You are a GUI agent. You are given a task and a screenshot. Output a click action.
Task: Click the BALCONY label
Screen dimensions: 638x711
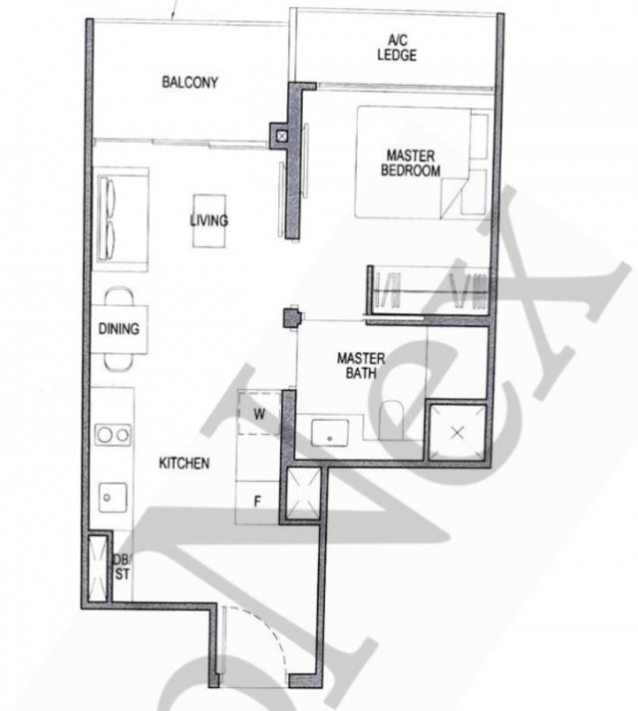click(x=190, y=82)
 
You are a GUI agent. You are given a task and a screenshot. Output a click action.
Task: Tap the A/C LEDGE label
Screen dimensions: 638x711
click(x=397, y=48)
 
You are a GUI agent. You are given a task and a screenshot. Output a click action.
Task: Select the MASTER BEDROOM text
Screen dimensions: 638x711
click(x=411, y=163)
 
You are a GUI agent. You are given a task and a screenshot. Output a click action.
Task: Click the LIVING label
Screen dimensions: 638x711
click(x=209, y=220)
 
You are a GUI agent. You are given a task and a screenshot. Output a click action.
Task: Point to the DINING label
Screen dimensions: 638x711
click(x=119, y=329)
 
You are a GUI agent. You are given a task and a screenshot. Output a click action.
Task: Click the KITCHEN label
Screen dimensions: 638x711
click(x=184, y=463)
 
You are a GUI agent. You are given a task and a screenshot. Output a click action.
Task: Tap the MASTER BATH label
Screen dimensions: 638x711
click(x=361, y=366)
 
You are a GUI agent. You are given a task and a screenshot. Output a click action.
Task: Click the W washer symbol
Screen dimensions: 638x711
click(x=259, y=413)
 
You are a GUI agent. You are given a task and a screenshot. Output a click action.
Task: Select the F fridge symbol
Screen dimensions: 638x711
click(x=257, y=502)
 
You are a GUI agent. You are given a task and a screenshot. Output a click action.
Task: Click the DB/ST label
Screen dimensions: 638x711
click(x=122, y=566)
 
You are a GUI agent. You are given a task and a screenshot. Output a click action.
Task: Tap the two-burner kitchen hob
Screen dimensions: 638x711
click(x=114, y=435)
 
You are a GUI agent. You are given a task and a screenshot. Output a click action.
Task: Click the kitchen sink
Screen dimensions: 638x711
click(x=113, y=498)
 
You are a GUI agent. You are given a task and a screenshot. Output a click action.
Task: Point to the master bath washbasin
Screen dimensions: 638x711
click(x=330, y=433)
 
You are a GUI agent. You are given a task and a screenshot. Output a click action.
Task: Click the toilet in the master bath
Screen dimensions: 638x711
click(x=391, y=420)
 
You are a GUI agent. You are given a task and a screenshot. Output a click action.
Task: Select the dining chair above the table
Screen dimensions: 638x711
click(x=120, y=296)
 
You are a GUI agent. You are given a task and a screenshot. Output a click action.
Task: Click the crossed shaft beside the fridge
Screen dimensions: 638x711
click(x=303, y=494)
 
